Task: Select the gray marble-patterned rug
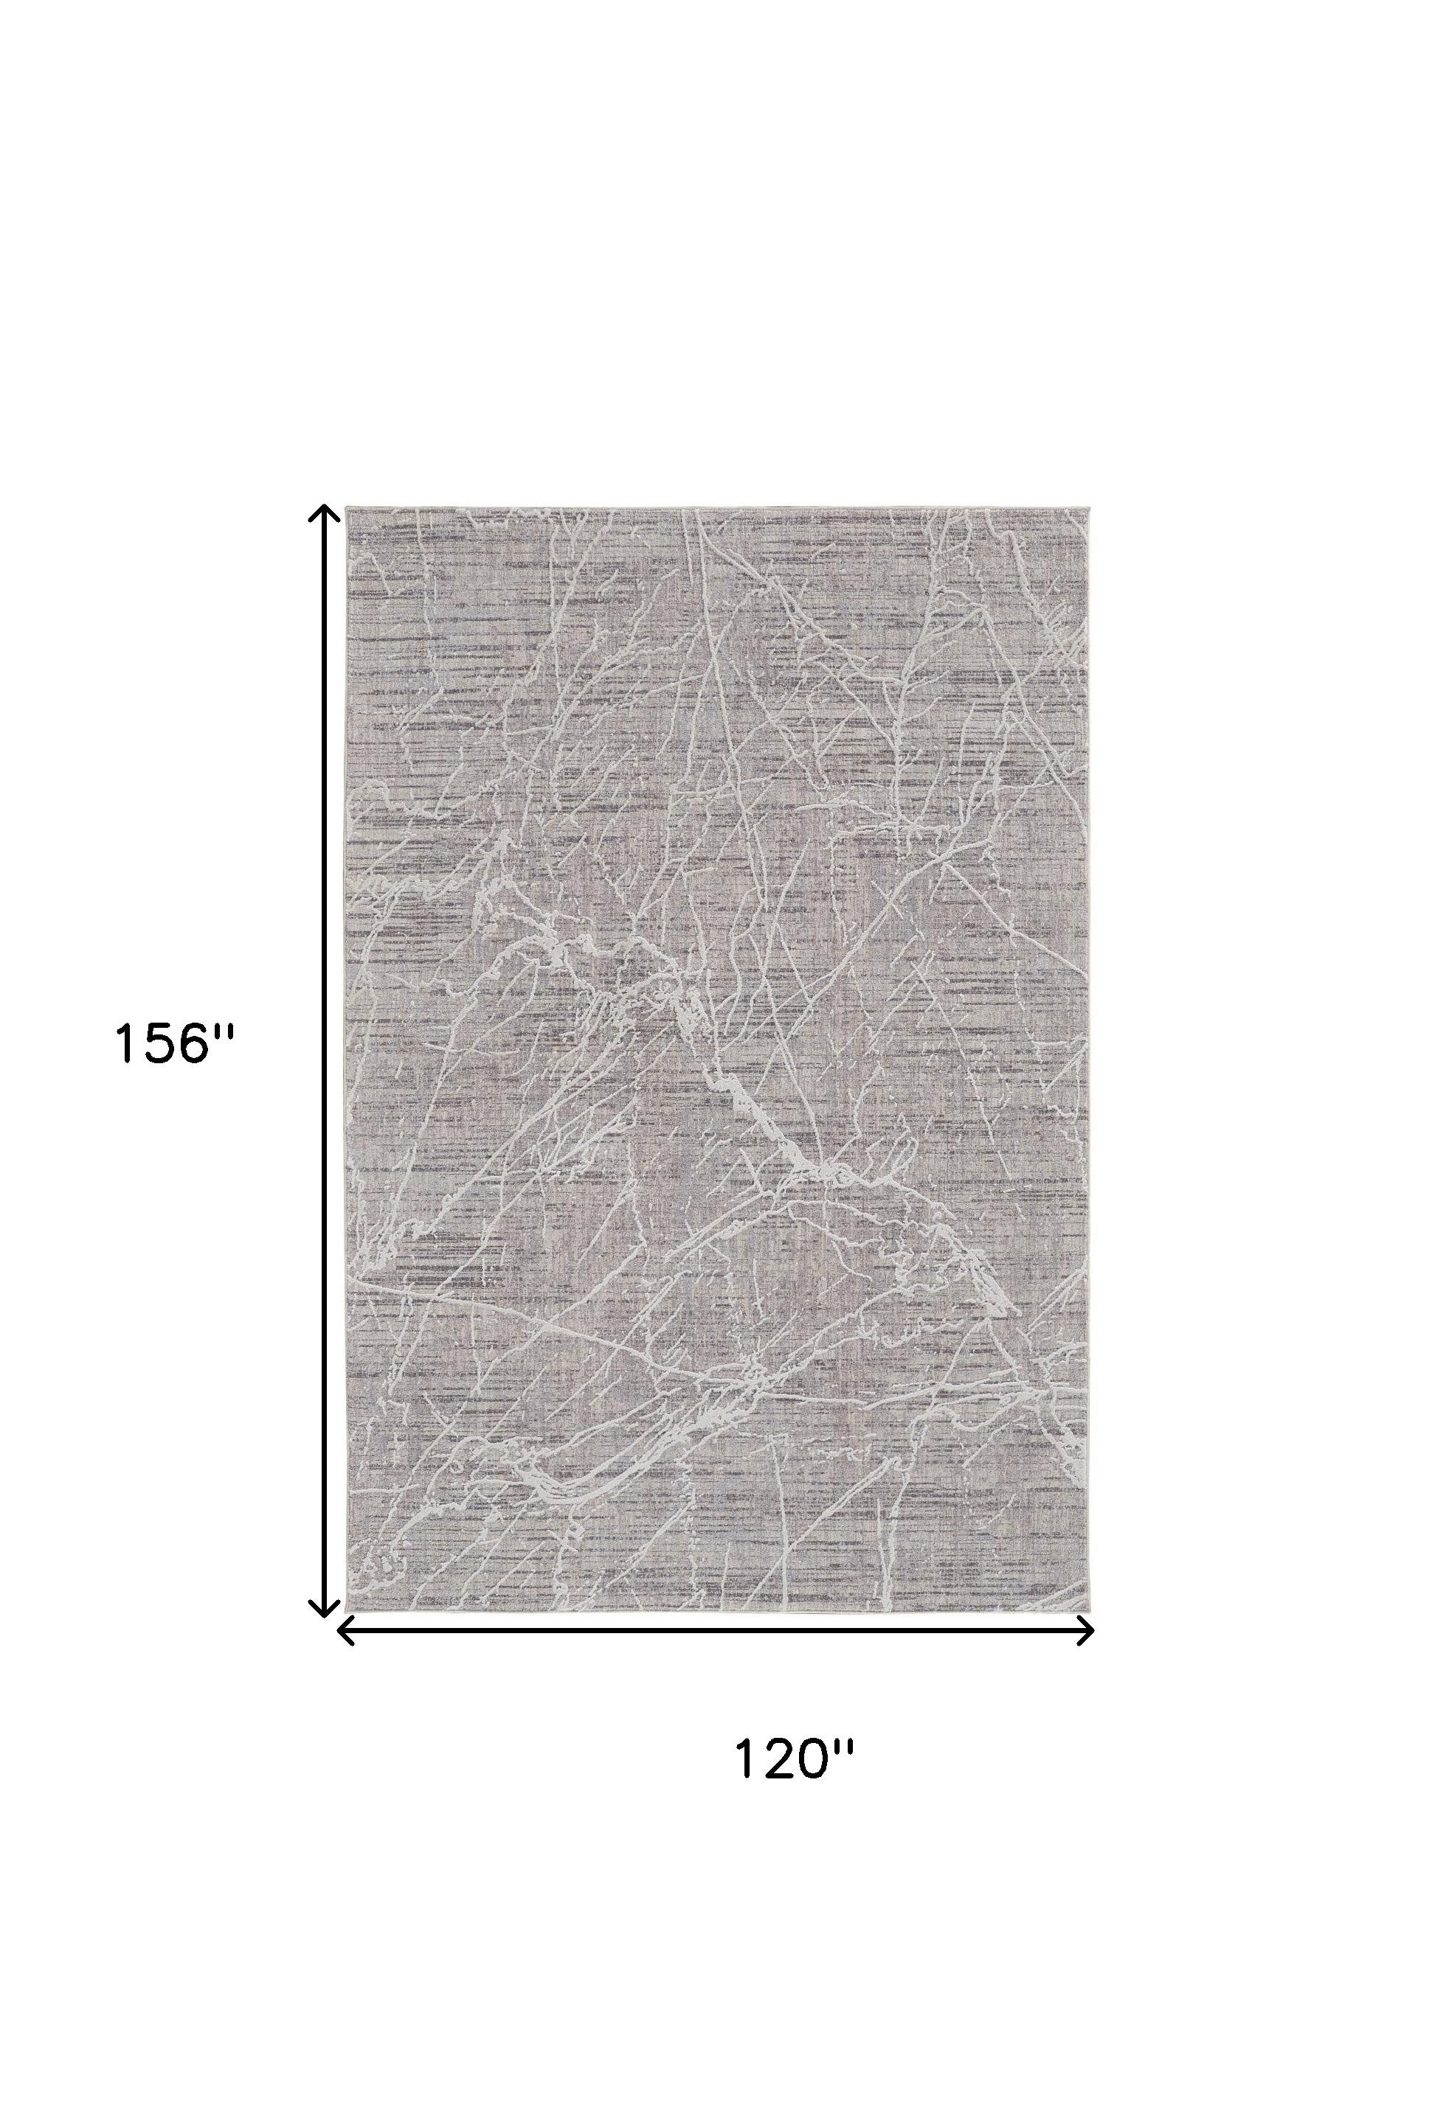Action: pyautogui.click(x=717, y=1060)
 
